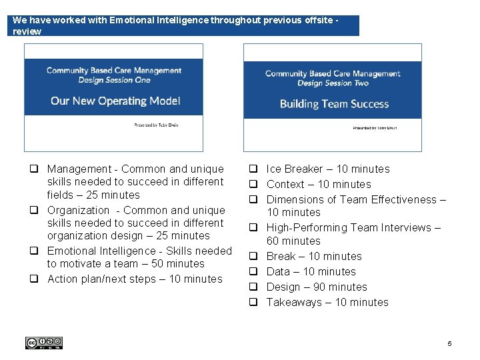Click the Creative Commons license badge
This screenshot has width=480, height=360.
click(x=44, y=343)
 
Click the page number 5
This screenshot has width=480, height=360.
click(x=449, y=343)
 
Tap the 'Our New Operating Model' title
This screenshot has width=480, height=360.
click(x=115, y=101)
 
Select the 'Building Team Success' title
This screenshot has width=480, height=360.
click(x=334, y=103)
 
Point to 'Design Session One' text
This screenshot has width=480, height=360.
click(x=114, y=80)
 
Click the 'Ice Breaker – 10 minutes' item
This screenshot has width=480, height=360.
click(x=327, y=169)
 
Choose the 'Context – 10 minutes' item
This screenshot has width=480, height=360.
click(x=318, y=185)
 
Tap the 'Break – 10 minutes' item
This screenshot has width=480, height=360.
click(x=313, y=257)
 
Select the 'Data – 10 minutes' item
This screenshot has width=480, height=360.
click(x=311, y=272)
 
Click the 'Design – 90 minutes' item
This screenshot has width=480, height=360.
click(x=316, y=287)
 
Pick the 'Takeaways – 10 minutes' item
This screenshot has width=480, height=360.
click(x=327, y=303)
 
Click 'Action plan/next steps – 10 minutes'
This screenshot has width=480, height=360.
click(x=135, y=279)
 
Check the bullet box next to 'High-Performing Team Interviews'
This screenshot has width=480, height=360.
click(x=253, y=228)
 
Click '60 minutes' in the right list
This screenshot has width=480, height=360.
click(x=293, y=241)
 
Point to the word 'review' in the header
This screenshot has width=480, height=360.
click(x=27, y=31)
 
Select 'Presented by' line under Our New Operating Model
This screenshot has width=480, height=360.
click(x=155, y=125)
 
